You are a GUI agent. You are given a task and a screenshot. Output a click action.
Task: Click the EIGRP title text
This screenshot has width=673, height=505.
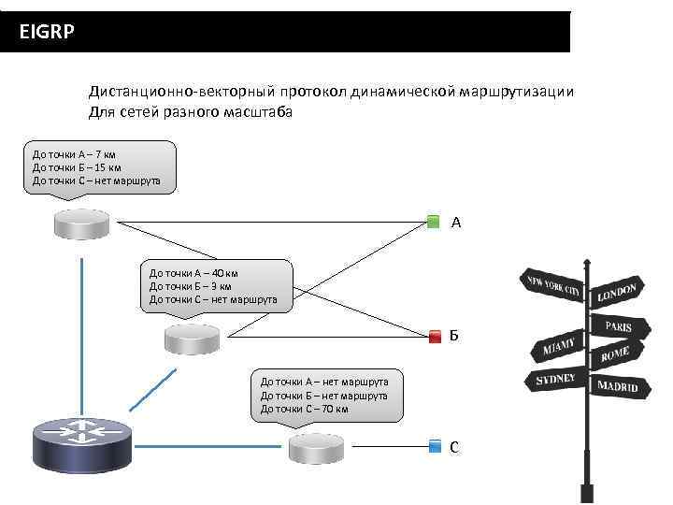tap(47, 33)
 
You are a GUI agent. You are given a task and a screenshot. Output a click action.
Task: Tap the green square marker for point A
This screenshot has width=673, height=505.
tap(433, 223)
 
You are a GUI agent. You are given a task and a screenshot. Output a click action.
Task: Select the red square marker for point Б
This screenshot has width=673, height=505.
tap(433, 335)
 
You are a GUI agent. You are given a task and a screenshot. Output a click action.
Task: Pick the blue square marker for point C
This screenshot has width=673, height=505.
tap(433, 446)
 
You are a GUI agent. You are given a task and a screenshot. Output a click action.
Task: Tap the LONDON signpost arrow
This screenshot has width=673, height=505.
tap(617, 295)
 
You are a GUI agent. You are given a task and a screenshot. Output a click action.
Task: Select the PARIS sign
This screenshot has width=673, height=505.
tap(617, 326)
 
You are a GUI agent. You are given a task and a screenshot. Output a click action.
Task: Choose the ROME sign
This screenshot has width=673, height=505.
tap(614, 354)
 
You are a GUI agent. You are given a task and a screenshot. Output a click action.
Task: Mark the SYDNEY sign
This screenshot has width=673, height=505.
tap(555, 381)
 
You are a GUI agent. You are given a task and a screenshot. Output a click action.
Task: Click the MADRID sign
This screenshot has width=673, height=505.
tap(617, 385)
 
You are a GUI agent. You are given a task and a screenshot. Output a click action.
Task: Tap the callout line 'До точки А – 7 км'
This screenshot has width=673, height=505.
tap(74, 154)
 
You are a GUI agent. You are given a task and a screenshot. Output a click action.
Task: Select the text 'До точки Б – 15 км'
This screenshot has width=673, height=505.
tap(77, 167)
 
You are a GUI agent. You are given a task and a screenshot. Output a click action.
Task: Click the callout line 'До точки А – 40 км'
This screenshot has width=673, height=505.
tap(193, 273)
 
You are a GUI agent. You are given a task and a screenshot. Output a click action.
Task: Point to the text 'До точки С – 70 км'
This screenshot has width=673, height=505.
tap(304, 409)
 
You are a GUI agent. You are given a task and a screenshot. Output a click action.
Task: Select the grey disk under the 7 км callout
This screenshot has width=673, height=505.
tap(81, 224)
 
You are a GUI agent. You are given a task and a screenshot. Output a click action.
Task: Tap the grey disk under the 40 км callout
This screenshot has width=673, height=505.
tap(192, 339)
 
